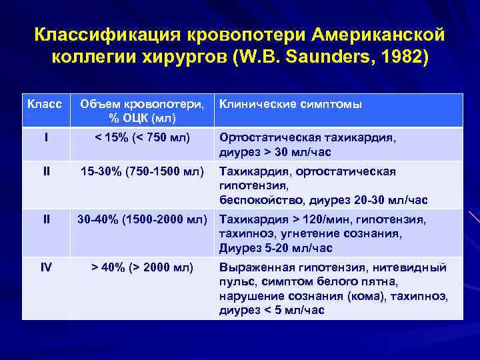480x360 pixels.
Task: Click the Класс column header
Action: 45,104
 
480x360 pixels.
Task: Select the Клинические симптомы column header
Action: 291,104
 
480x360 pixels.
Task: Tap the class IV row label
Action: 45,267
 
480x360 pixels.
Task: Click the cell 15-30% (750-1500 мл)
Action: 141,171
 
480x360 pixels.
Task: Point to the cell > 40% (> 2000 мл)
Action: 142,267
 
